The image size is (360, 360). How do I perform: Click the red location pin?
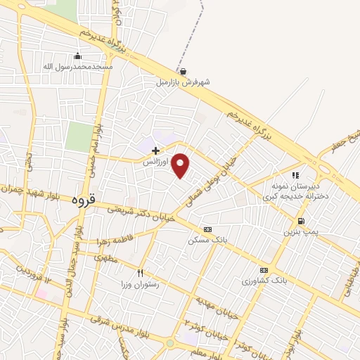click(181, 165)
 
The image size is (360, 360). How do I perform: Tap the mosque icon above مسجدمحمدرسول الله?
click(77, 56)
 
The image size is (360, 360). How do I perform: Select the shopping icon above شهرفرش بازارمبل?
click(183, 72)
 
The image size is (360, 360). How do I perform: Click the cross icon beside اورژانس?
click(155, 150)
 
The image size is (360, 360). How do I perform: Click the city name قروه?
click(83, 200)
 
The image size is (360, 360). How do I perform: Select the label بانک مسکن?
click(207, 240)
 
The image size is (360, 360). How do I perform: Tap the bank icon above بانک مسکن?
click(207, 229)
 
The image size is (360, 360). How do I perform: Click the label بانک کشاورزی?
click(264, 281)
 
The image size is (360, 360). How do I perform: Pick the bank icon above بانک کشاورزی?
click(264, 270)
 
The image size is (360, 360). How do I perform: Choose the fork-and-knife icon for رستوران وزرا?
click(141, 273)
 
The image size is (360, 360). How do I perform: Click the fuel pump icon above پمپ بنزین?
click(301, 221)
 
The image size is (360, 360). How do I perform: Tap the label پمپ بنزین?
click(301, 231)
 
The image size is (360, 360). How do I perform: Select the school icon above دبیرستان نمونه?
click(295, 175)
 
